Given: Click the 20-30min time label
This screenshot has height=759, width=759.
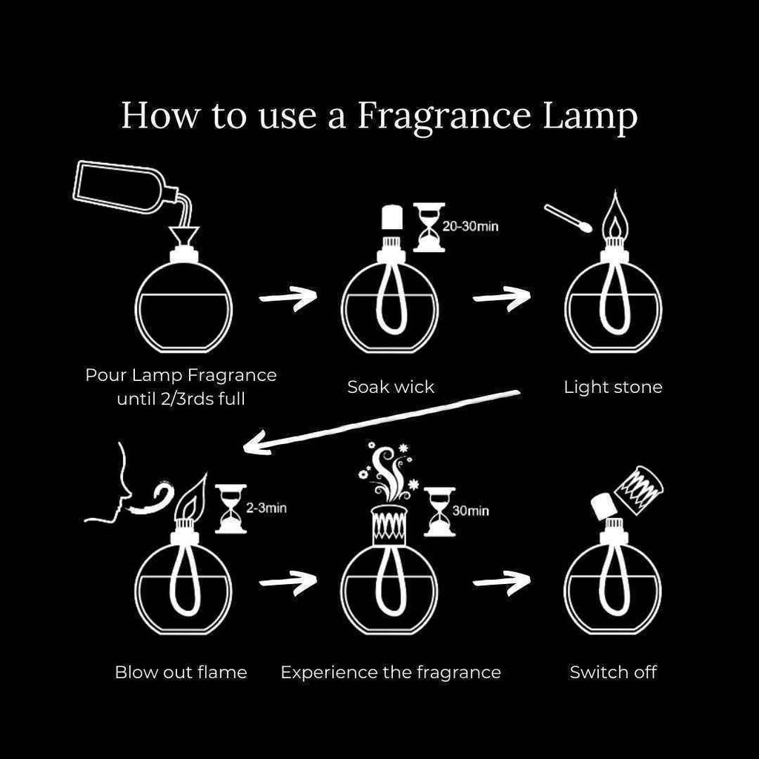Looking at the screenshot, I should pyautogui.click(x=470, y=225).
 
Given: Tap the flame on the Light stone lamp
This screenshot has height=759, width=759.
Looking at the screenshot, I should pyautogui.click(x=614, y=215).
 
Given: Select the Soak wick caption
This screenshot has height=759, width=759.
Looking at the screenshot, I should pyautogui.click(x=391, y=387).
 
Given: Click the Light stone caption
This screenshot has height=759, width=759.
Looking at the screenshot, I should pyautogui.click(x=613, y=387).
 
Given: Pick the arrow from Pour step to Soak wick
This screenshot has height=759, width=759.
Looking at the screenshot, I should pyautogui.click(x=288, y=297).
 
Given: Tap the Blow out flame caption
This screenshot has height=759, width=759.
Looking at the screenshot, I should pyautogui.click(x=181, y=672).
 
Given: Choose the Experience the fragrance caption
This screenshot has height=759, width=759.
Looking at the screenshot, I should pyautogui.click(x=391, y=672).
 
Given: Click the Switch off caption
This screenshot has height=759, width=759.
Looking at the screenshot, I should pyautogui.click(x=613, y=672).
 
